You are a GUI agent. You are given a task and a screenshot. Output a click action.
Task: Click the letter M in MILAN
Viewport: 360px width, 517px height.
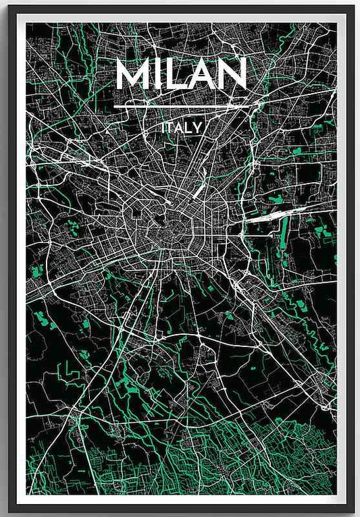pyautogui.click(x=133, y=76)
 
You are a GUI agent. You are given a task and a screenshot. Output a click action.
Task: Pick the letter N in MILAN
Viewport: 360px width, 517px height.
pyautogui.click(x=232, y=76)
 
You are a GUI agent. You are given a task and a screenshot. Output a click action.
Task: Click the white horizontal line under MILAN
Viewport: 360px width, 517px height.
pyautogui.click(x=186, y=107)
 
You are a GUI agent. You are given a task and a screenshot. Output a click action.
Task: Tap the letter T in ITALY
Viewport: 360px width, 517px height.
pyautogui.click(x=170, y=128)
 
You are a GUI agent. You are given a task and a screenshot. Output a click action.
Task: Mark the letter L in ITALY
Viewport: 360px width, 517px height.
pyautogui.click(x=190, y=128)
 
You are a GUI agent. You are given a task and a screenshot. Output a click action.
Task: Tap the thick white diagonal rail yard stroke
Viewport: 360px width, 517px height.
pyautogui.click(x=201, y=188)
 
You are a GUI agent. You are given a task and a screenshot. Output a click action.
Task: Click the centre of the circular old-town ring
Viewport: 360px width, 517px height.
pyautogui.click(x=165, y=233)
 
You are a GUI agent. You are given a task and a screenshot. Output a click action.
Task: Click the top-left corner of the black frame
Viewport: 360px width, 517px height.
pyautogui.click(x=8, y=8)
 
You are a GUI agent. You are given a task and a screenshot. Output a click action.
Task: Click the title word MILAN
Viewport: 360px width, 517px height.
pyautogui.click(x=182, y=76)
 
